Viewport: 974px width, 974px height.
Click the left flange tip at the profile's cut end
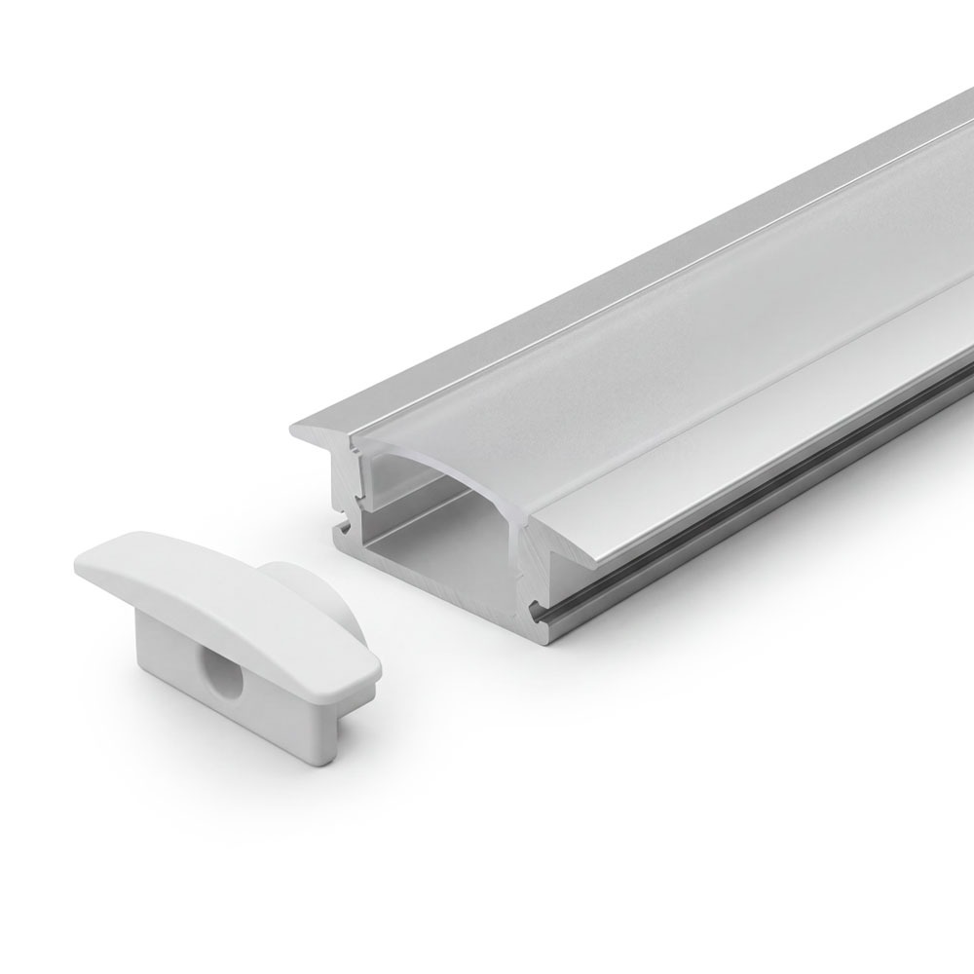pos(295,429)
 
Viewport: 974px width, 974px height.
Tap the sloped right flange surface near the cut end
pos(623,506)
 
